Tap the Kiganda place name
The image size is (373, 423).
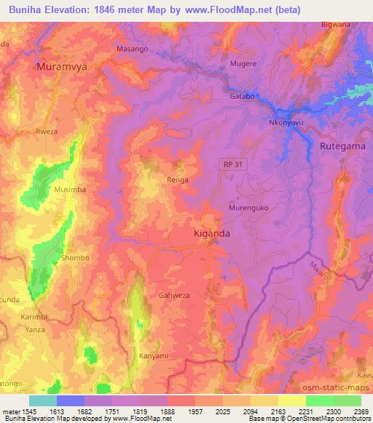pyautogui.click(x=213, y=234)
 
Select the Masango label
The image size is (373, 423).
pyautogui.click(x=133, y=49)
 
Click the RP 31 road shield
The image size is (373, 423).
pyautogui.click(x=230, y=165)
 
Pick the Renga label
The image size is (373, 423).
pyautogui.click(x=178, y=180)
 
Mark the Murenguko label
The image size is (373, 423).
pyautogui.click(x=248, y=207)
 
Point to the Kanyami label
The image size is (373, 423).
pyautogui.click(x=154, y=356)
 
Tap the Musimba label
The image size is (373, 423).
pyautogui.click(x=70, y=189)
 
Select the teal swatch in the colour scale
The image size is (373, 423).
pyautogui.click(x=43, y=400)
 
